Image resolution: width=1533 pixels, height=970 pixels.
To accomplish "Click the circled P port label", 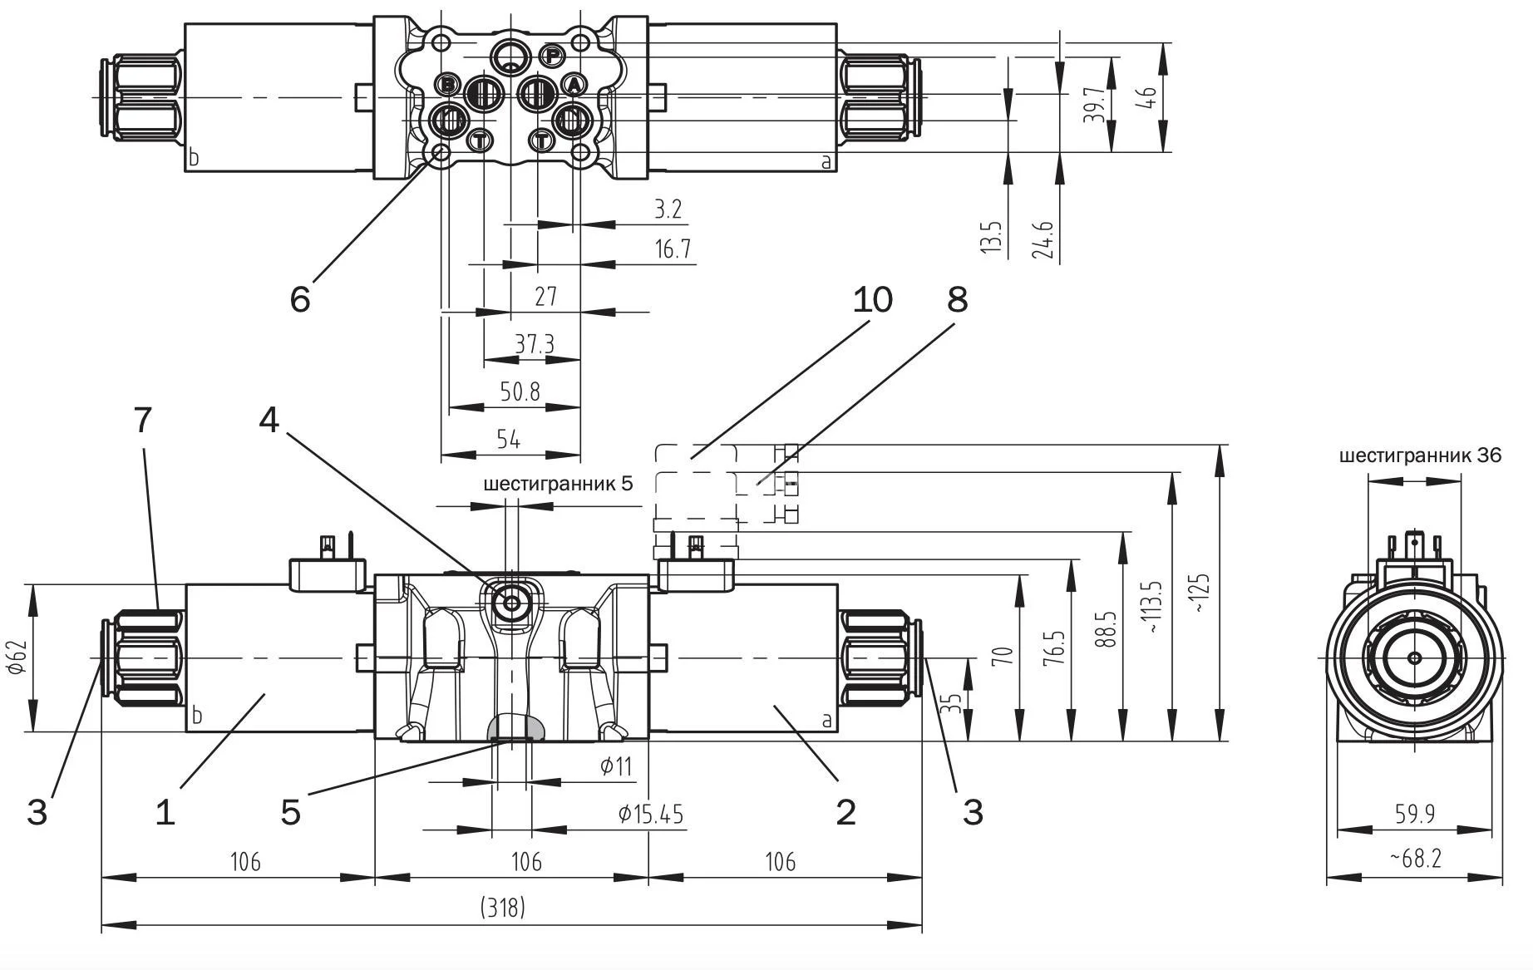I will point(552,56).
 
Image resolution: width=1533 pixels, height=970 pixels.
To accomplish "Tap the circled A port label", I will point(574,84).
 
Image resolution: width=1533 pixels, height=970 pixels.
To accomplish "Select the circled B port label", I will point(447,84).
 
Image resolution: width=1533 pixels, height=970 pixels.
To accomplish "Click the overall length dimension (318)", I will point(503,907).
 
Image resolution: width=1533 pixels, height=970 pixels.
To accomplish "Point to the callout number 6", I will point(300,298).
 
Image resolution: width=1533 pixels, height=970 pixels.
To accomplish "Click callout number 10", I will point(872,299).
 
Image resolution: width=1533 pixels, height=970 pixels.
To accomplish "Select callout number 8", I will point(958,299).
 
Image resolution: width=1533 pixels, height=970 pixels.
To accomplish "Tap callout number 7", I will point(143,421).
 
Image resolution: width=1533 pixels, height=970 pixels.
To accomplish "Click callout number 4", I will point(269,421).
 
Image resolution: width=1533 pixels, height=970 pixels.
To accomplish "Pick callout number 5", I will point(290,812).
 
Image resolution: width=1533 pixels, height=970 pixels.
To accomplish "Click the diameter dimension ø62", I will point(20,657).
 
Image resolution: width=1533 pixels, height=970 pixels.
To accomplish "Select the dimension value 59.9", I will point(1415,814).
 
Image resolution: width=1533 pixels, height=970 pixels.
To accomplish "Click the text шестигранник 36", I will point(1420,455).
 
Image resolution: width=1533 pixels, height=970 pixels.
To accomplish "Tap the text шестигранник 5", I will point(558,484).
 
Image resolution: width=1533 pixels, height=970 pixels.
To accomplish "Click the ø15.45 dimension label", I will point(650,815).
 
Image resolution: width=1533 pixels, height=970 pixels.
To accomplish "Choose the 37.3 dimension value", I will point(534,344).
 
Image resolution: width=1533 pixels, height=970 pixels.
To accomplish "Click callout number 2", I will point(845,812).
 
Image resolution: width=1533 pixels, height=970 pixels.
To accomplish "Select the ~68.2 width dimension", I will point(1415,858).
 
